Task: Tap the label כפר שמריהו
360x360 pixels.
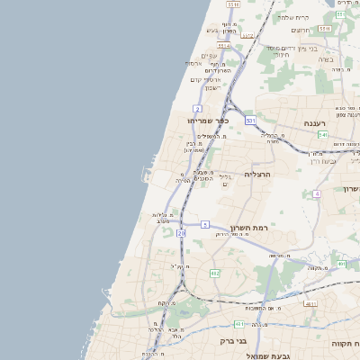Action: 209,120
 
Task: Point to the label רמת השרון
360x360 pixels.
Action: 249,229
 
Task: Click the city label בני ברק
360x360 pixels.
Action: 233,341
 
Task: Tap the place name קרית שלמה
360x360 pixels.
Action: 292,17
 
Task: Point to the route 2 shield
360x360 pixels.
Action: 197,109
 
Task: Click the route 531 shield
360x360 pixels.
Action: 250,120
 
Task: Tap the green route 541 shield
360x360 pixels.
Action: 322,134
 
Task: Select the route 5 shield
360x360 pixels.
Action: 205,224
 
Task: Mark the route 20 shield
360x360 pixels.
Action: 181,233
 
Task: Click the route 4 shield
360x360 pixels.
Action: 317,193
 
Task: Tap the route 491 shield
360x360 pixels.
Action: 341,264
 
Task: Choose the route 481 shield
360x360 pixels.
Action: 238,323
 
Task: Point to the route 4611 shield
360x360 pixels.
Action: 310,303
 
